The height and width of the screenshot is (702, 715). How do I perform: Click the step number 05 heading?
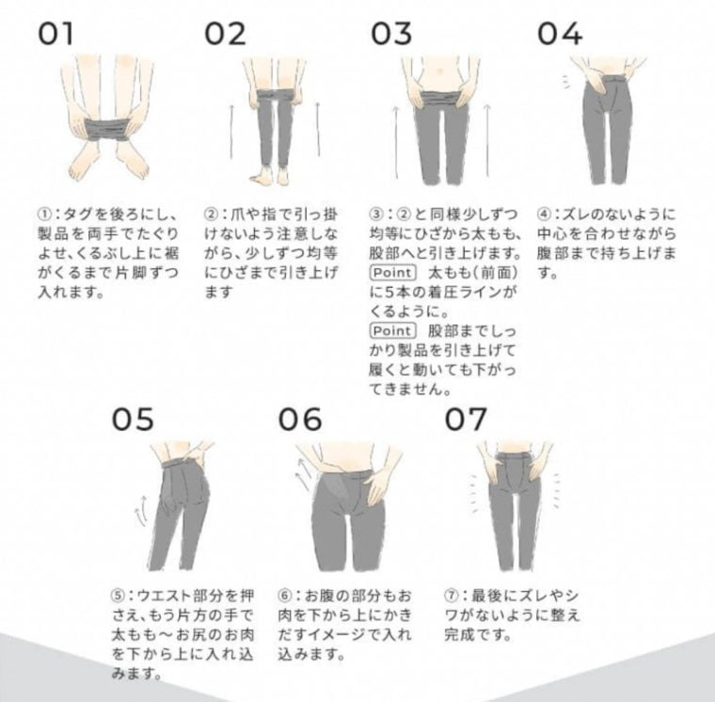click(x=133, y=420)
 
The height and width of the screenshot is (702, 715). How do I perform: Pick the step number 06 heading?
click(x=300, y=420)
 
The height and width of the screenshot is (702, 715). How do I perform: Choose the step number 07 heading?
click(x=466, y=420)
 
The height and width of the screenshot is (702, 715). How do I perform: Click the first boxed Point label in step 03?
click(x=392, y=272)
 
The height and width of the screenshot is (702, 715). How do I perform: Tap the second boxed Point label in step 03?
click(x=392, y=330)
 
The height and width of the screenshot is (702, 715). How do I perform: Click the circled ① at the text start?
click(x=43, y=214)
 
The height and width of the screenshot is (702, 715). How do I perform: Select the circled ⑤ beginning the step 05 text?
click(x=118, y=596)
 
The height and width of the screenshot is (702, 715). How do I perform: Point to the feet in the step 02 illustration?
click(x=276, y=176)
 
